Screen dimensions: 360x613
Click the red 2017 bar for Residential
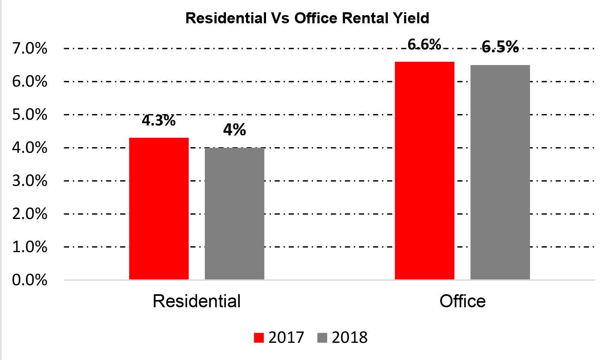pos(159,208)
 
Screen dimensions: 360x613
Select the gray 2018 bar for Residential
pos(234,213)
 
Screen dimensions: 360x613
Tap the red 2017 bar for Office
pos(424,170)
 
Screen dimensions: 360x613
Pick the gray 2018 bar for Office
pos(500,172)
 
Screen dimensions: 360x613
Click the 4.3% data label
pos(159,121)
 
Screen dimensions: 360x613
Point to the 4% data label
pos(234,130)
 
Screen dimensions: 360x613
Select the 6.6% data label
pos(424,44)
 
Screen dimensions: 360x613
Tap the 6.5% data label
pos(500,47)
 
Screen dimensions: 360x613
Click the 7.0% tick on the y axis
pos(30,49)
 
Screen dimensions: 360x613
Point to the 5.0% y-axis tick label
pos(30,115)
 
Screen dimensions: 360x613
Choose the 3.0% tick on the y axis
pos(30,181)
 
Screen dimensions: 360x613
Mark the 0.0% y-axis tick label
pos(30,280)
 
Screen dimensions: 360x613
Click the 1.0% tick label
pos(30,247)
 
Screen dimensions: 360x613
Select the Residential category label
pos(197,301)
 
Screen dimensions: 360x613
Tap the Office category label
pos(462,301)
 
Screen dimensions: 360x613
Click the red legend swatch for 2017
pos(259,338)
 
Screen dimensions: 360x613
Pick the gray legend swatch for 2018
pos(322,338)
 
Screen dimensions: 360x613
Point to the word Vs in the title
pos(280,18)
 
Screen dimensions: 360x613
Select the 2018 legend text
pos(349,338)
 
